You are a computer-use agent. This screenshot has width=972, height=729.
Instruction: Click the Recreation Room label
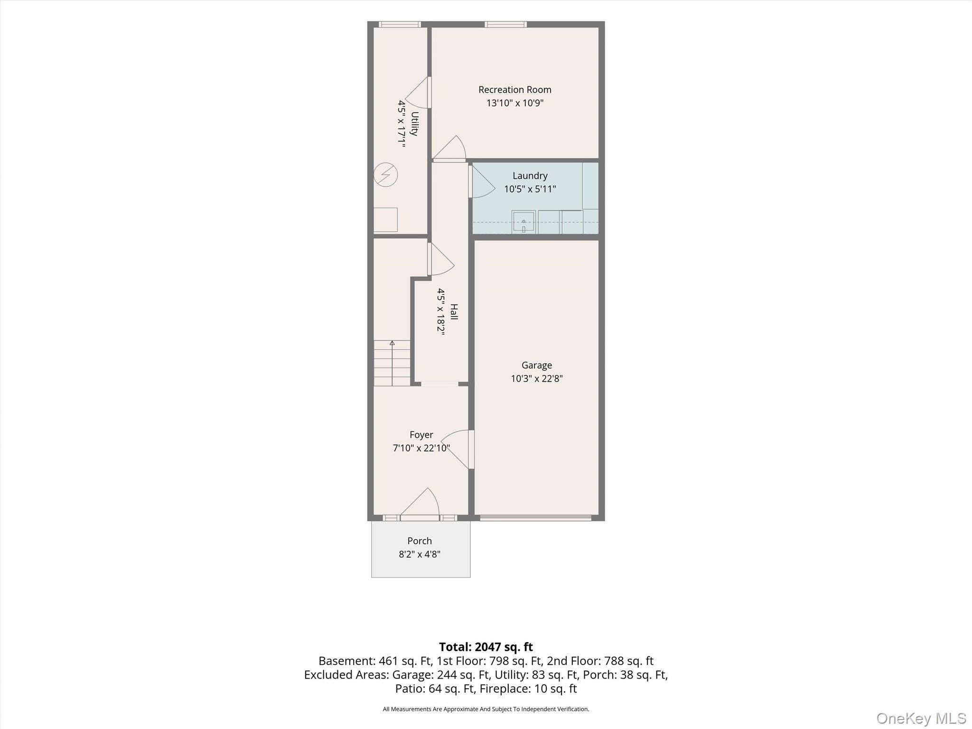point(514,90)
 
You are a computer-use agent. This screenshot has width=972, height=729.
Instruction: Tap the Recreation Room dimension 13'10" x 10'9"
point(514,103)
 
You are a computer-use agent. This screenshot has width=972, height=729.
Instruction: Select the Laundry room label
point(530,176)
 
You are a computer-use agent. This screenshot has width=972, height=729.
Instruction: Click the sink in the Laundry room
point(523,222)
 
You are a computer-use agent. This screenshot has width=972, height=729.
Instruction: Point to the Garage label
point(536,365)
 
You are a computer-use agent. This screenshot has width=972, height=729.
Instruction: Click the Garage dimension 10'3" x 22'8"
point(536,379)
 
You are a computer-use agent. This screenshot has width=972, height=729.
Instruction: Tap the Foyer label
point(421,435)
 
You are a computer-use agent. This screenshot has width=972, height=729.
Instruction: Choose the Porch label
point(420,541)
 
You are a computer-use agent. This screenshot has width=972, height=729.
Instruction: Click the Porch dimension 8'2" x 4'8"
point(420,554)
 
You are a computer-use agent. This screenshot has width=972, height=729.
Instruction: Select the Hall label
point(454,312)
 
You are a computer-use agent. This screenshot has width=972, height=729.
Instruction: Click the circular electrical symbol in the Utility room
point(385,175)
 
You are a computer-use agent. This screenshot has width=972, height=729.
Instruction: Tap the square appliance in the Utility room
point(385,220)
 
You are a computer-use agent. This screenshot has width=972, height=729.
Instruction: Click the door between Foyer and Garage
point(458,449)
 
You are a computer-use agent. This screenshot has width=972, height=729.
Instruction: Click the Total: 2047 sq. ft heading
point(486,647)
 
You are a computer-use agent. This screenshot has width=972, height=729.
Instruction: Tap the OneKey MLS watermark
point(921,718)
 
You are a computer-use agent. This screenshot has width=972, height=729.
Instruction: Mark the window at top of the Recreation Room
point(505,24)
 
